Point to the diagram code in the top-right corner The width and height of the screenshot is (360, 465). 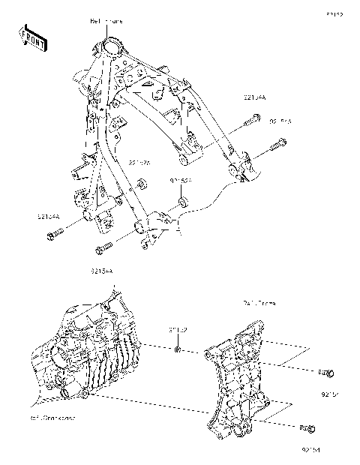[334, 14]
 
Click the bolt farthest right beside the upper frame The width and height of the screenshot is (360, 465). [278, 144]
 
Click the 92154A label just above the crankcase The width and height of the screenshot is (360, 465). [102, 270]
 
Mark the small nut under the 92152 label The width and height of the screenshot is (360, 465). [178, 349]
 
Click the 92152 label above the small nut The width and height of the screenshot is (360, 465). [177, 329]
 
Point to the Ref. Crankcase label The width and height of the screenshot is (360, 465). [53, 417]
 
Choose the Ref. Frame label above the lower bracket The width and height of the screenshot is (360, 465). [259, 304]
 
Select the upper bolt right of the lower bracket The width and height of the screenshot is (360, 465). [325, 373]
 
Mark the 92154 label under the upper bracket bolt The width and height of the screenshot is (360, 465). [331, 392]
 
